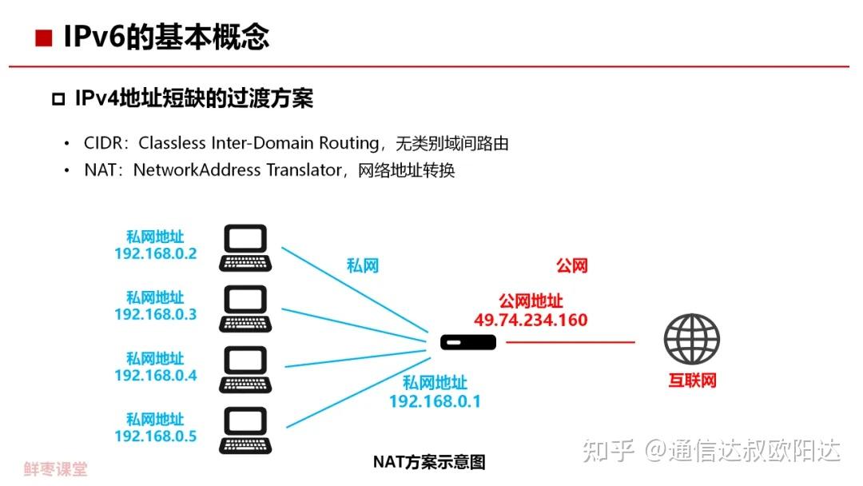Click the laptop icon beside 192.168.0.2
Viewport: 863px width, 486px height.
click(245, 249)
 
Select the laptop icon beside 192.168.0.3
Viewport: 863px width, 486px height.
click(245, 309)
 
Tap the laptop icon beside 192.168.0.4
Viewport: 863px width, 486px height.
click(245, 369)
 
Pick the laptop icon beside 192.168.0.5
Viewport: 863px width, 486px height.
click(245, 430)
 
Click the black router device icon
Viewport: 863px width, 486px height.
click(468, 343)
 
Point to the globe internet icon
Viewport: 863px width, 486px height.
click(692, 339)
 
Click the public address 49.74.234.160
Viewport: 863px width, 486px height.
click(531, 321)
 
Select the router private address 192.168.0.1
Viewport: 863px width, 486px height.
click(435, 401)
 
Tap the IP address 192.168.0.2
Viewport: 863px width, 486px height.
click(155, 254)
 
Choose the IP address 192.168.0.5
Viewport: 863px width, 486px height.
click(155, 436)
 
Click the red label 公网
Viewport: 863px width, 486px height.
click(572, 265)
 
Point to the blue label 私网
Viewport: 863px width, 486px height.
click(362, 265)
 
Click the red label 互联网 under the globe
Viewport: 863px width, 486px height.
click(692, 380)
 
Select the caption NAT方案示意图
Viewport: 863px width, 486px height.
click(429, 462)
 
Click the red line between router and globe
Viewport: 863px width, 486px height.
click(570, 342)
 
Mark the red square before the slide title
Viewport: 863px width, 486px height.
click(44, 38)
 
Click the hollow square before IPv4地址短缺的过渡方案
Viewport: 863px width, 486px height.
click(58, 99)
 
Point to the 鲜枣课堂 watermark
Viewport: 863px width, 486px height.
click(55, 469)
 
